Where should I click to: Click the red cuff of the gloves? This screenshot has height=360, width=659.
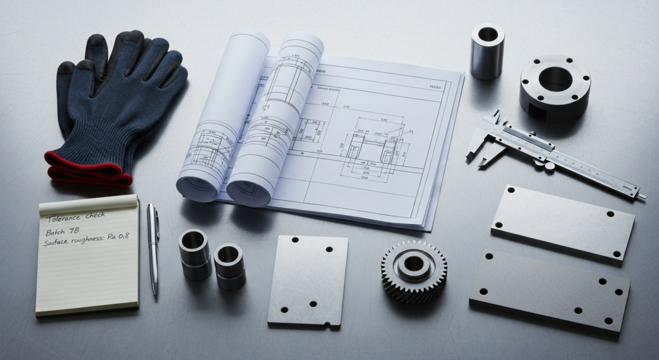pyautogui.click(x=84, y=169)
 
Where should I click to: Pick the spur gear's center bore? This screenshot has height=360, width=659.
pyautogui.click(x=413, y=263)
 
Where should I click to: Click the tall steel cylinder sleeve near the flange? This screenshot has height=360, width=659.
pyautogui.click(x=487, y=52)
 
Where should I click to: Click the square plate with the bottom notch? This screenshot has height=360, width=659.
pyautogui.click(x=308, y=280)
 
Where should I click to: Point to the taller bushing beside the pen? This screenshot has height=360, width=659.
pyautogui.click(x=194, y=254)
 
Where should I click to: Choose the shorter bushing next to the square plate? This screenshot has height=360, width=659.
pyautogui.click(x=229, y=265)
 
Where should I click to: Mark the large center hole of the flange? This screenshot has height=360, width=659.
pyautogui.click(x=555, y=79)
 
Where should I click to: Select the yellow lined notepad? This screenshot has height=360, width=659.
pyautogui.click(x=88, y=258)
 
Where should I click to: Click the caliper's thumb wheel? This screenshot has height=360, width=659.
pyautogui.click(x=549, y=166)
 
